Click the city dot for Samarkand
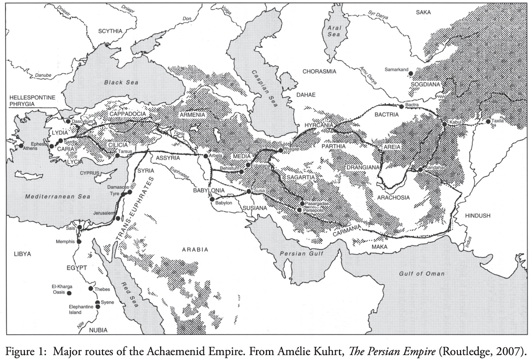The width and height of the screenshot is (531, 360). pyautogui.click(x=411, y=73)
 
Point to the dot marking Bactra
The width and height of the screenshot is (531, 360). pyautogui.click(x=401, y=107)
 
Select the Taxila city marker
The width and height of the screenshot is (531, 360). pyautogui.click(x=488, y=122)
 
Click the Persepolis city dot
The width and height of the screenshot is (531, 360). pyautogui.click(x=299, y=210)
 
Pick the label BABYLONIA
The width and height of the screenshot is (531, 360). pyautogui.click(x=209, y=191)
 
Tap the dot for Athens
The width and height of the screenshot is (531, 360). pyautogui.click(x=21, y=145)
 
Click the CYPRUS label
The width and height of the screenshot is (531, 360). pyautogui.click(x=89, y=173)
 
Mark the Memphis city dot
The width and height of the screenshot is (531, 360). pyautogui.click(x=79, y=241)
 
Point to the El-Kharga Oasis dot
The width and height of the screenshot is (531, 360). pyautogui.click(x=69, y=293)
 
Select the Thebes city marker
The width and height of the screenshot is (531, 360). pyautogui.click(x=91, y=288)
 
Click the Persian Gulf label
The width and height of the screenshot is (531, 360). pyautogui.click(x=301, y=254)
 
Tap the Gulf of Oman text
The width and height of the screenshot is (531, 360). pyautogui.click(x=421, y=274)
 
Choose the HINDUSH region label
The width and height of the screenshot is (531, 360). pyautogui.click(x=478, y=216)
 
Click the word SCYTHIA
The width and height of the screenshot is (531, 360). pyautogui.click(x=110, y=31)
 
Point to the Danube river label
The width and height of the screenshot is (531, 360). pyautogui.click(x=43, y=75)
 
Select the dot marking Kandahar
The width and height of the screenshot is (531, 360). pyautogui.click(x=420, y=170)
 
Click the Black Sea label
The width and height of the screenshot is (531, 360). pyautogui.click(x=121, y=82)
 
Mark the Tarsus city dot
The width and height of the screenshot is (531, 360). pyautogui.click(x=117, y=155)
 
